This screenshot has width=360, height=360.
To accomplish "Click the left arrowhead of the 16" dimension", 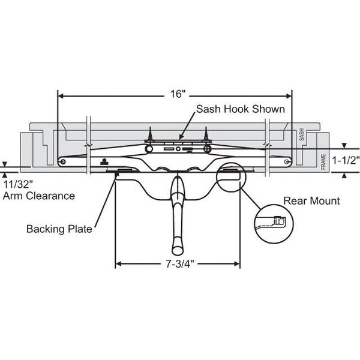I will point(61,95).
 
